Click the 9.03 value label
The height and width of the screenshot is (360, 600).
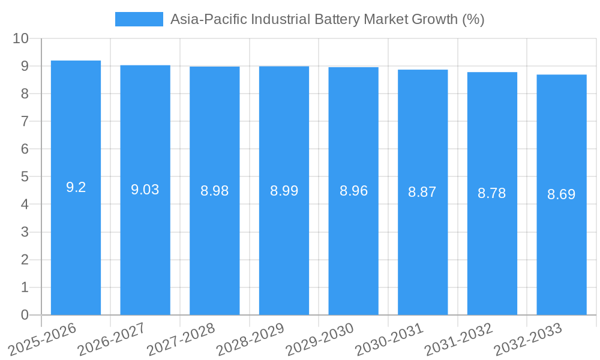[145, 190]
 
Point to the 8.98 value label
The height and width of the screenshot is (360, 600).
[214, 191]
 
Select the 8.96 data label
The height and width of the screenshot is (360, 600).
[353, 191]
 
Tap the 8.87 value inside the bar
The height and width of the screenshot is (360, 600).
[422, 192]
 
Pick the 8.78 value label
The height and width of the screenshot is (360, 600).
[492, 193]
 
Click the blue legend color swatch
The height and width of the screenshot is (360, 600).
[139, 19]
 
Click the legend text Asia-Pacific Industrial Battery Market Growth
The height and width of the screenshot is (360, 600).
[327, 19]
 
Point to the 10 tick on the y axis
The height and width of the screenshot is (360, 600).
[21, 38]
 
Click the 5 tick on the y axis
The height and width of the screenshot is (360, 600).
[25, 177]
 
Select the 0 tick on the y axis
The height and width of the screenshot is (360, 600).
[25, 315]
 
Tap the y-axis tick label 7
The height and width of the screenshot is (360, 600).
[25, 121]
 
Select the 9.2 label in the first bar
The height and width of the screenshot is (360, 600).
[76, 187]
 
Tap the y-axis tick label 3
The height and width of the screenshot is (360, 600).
[25, 232]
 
